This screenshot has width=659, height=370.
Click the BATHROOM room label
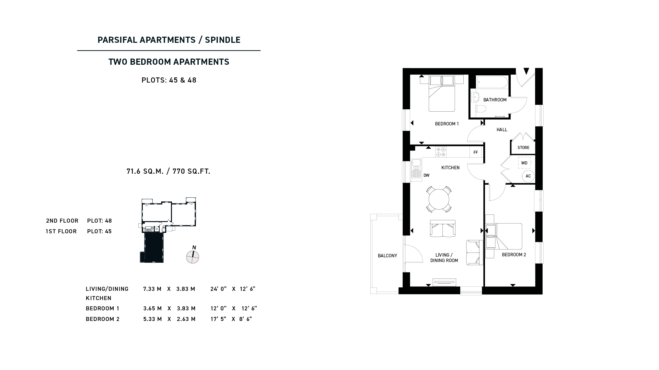tap(495, 100)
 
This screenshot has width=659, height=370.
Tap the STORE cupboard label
tap(523, 148)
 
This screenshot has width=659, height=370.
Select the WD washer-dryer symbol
tap(524, 163)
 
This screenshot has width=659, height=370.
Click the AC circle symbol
tap(528, 176)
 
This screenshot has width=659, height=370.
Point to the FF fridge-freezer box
tap(476, 152)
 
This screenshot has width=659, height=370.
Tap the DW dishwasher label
tap(426, 175)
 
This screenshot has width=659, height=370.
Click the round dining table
tap(439, 199)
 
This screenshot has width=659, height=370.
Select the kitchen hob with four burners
tap(441, 152)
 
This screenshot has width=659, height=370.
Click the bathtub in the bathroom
tap(492, 82)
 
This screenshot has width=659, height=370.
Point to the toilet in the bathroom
tap(481, 109)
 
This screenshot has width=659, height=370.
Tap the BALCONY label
tap(388, 256)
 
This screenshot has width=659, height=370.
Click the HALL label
tap(502, 130)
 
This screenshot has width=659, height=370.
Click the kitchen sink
tap(416, 169)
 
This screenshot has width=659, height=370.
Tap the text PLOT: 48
tap(100, 221)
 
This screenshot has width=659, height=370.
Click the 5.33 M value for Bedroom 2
tap(152, 319)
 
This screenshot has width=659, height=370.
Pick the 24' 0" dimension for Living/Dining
tap(219, 289)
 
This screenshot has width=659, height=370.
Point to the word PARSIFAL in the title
tap(117, 40)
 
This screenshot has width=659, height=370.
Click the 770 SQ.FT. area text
tap(192, 171)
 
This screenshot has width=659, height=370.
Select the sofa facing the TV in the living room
tap(443, 229)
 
